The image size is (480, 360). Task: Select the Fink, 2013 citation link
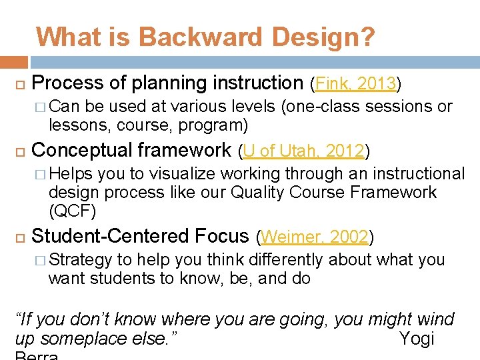(x=356, y=84)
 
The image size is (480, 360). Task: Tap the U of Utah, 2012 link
(x=304, y=151)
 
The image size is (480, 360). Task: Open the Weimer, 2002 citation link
(x=315, y=237)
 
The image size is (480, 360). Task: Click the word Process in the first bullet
(x=67, y=83)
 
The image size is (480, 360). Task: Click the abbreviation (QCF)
(x=73, y=212)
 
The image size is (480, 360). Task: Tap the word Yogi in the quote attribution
(x=416, y=339)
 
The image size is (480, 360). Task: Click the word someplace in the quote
(x=90, y=339)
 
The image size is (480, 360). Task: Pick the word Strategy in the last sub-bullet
(x=80, y=259)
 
